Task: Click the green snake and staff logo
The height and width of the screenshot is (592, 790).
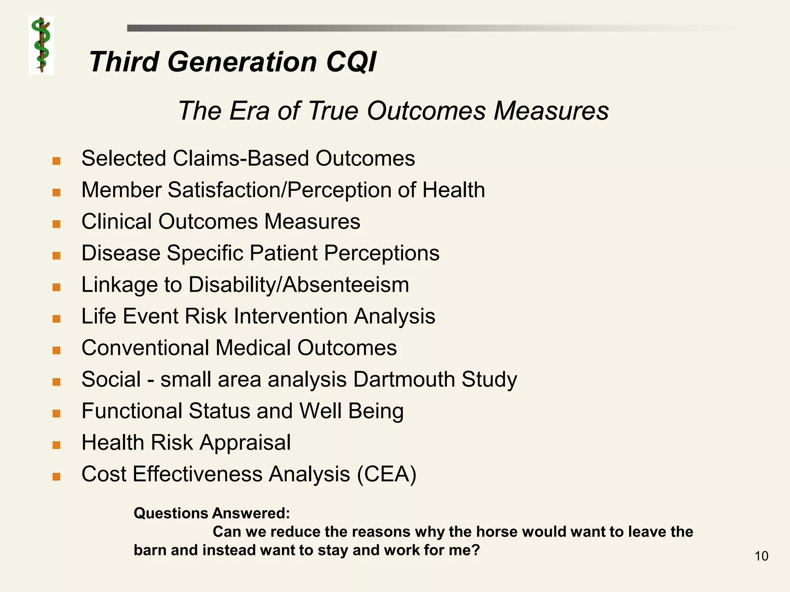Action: coord(41,45)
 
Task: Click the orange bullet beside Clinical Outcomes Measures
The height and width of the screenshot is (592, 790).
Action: coord(57,224)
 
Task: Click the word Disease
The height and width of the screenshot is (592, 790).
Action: coord(121,253)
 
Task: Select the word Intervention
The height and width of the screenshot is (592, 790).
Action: coord(291,316)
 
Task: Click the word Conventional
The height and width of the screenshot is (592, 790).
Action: coord(145,348)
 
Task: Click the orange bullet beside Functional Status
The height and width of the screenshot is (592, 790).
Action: coord(57,414)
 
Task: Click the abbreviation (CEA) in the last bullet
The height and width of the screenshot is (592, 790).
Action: coord(387,474)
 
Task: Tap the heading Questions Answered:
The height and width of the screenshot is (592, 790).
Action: coord(211,513)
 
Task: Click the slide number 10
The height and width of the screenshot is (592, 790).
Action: coord(761,556)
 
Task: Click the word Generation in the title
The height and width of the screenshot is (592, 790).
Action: coord(242,62)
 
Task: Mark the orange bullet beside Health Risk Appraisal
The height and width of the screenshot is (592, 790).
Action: coord(57,445)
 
